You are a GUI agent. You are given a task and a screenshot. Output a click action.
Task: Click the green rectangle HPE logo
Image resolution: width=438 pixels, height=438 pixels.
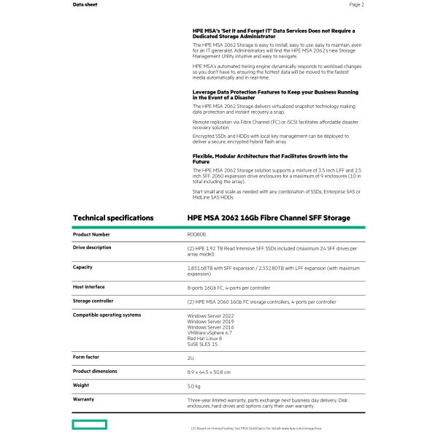tap(89, 424)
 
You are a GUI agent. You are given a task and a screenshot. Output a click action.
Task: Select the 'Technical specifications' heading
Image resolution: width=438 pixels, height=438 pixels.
tap(113, 218)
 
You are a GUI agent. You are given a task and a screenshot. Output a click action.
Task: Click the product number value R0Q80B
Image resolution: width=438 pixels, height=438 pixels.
tap(197, 234)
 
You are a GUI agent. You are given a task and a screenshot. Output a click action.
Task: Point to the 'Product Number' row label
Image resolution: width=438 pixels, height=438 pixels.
tap(91, 234)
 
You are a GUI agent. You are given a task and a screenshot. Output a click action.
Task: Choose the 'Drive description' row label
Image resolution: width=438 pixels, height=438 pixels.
tap(92, 247)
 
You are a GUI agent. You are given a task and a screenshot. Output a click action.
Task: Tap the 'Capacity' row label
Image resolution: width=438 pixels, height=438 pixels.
tap(82, 267)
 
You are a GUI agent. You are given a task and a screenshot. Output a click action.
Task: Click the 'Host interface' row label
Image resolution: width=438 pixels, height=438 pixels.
tap(89, 287)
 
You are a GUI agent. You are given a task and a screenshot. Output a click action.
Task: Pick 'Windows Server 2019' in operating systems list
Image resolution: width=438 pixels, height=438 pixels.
tap(211, 321)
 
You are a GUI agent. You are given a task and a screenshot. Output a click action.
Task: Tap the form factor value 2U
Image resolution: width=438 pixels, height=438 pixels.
tap(191, 358)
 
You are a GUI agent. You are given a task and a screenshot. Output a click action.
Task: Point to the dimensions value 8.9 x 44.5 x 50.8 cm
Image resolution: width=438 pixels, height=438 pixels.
tap(209, 372)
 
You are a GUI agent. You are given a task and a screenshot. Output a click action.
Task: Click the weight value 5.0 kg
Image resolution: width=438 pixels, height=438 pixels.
tap(193, 385)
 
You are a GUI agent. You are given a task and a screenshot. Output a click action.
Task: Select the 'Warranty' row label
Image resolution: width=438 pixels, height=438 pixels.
tap(84, 399)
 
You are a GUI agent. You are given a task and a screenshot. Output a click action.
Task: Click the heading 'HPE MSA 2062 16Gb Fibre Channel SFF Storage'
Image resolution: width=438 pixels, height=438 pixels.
tap(269, 218)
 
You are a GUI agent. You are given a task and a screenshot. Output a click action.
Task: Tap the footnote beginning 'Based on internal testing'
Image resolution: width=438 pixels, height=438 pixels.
tap(255, 427)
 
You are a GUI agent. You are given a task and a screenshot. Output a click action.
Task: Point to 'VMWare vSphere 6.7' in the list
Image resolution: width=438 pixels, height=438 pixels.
tap(210, 333)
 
